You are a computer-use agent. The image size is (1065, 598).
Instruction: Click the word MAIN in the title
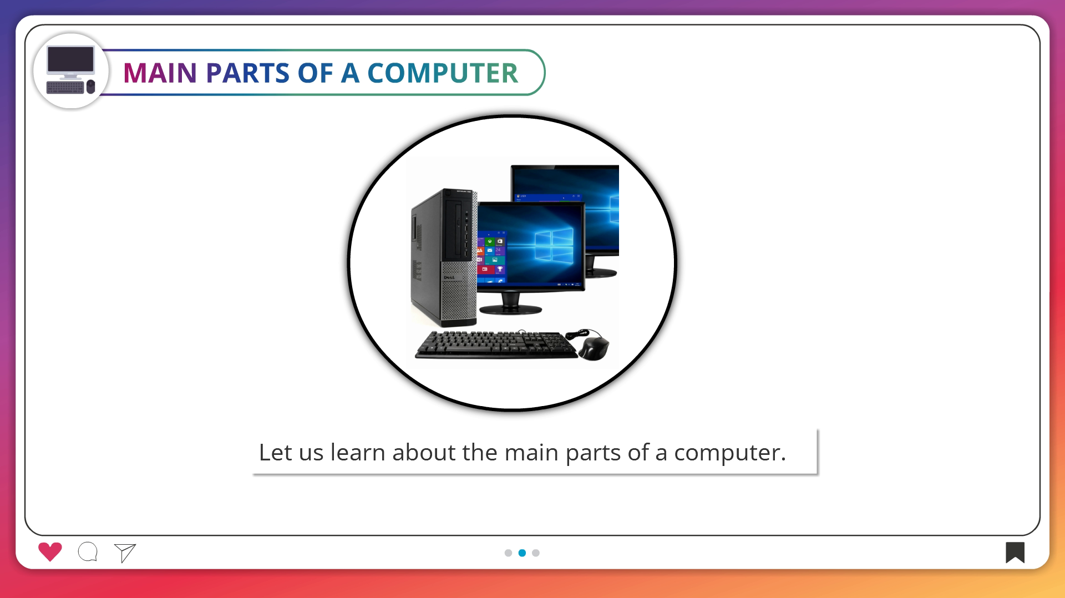click(160, 73)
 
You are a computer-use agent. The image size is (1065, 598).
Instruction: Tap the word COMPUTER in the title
click(442, 73)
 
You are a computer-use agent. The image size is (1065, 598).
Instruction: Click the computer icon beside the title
click(70, 70)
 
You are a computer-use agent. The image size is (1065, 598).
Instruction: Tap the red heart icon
click(50, 551)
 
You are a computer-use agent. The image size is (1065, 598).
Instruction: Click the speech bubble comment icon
click(88, 552)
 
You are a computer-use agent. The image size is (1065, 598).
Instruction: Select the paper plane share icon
click(125, 553)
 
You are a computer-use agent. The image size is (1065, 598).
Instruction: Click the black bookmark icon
click(1015, 553)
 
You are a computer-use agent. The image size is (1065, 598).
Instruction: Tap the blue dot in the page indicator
click(522, 553)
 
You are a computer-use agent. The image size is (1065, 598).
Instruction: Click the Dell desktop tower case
click(444, 257)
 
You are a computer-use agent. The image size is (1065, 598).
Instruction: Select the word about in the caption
click(424, 452)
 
